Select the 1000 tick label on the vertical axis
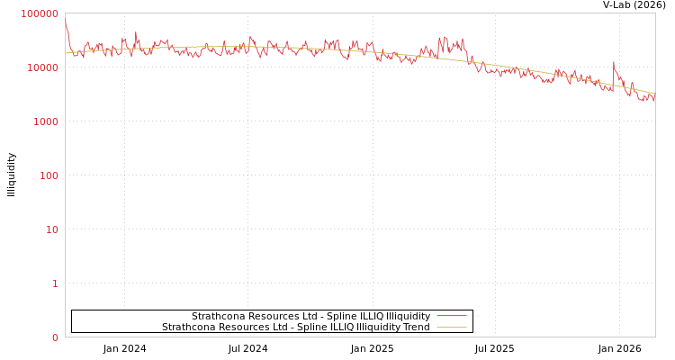[46, 121]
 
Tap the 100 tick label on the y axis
[49, 175]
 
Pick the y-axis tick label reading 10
[52, 229]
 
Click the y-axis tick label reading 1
[55, 283]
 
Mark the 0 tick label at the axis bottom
[55, 337]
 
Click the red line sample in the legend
[451, 316]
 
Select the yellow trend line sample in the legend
[451, 327]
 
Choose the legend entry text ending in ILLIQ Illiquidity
[310, 316]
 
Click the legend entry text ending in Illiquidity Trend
[295, 327]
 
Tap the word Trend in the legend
[416, 327]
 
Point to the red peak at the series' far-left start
[66, 25]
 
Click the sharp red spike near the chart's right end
[614, 63]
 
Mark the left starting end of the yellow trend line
[66, 53]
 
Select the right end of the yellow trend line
[654, 93]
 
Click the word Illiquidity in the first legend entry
[406, 316]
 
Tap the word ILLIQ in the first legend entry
[368, 316]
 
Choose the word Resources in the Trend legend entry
[241, 327]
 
